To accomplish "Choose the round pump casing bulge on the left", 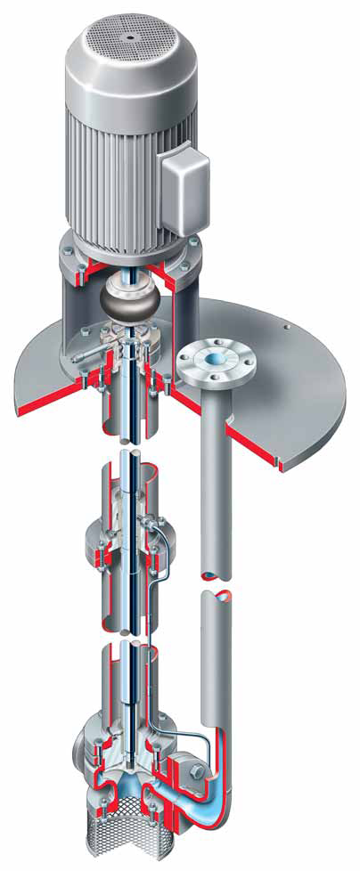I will point(86,744).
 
